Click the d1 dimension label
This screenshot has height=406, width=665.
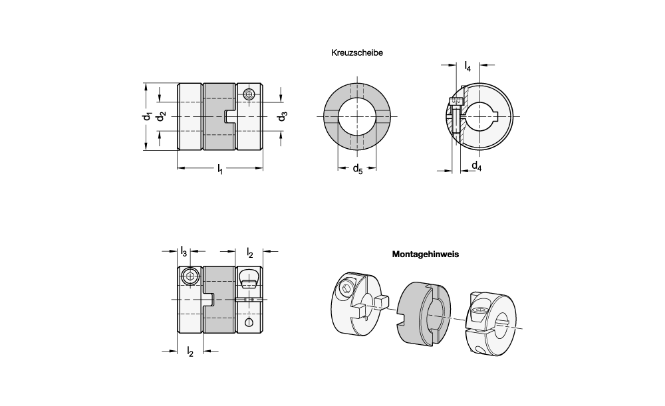[147, 117]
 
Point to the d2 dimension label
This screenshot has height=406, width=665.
[161, 117]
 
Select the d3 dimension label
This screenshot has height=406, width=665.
[283, 117]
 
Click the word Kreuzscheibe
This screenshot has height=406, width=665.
[357, 52]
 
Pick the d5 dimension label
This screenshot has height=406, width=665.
[357, 167]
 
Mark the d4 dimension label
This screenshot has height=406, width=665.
[476, 166]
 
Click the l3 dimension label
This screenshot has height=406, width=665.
[184, 251]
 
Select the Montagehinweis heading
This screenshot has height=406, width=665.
[426, 254]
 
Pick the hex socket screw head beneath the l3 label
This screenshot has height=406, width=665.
[190, 276]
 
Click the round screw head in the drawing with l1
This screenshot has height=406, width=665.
[249, 94]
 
